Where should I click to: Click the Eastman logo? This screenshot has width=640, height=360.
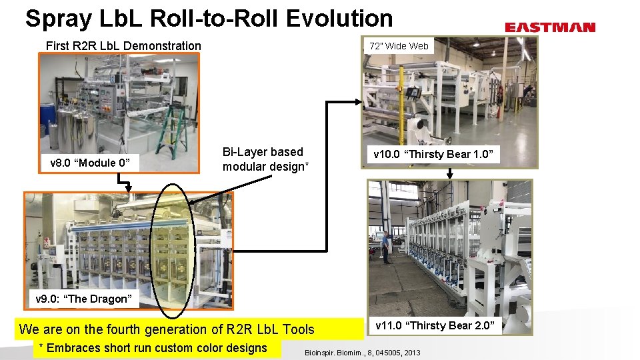pos(549,27)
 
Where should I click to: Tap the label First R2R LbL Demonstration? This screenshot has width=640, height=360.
pos(123,46)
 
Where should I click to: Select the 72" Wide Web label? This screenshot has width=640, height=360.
pos(399,46)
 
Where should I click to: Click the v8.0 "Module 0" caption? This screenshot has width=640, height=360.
pos(90,163)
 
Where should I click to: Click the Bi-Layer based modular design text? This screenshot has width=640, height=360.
pos(265,159)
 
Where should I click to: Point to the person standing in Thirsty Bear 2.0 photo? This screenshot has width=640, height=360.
pos(386,247)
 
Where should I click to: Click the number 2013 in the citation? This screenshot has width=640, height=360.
pos(411,352)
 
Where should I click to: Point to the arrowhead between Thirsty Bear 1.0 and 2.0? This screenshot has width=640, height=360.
pos(450,174)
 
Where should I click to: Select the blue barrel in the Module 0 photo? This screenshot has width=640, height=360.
pos(47,114)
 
